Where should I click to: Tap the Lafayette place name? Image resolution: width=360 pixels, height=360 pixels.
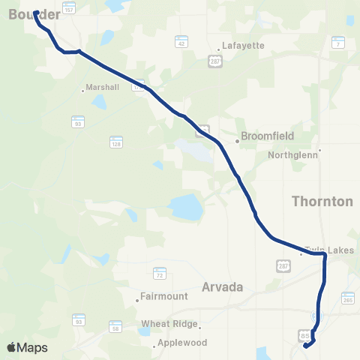click(x=243, y=45)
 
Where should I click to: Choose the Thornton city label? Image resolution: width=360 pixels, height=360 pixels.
click(x=321, y=201)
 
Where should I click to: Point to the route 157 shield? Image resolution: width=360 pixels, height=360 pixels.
click(x=69, y=7)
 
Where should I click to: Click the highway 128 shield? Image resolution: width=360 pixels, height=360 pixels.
click(x=115, y=141)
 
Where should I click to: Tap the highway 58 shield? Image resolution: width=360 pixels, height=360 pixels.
click(x=115, y=326)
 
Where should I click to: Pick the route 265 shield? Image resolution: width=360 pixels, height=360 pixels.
click(x=346, y=299)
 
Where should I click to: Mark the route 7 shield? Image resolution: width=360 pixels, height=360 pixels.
click(x=338, y=44)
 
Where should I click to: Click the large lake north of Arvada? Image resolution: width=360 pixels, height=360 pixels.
click(x=184, y=206)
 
